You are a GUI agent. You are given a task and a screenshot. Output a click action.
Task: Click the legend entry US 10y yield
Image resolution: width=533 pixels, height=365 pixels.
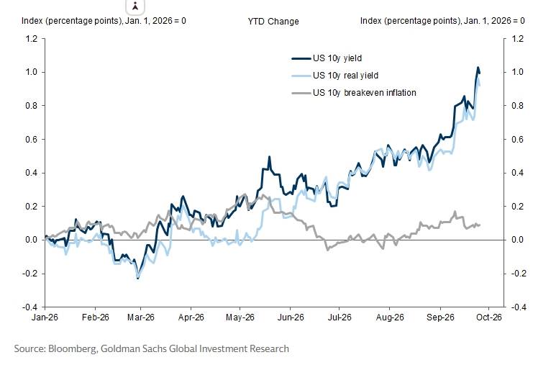pos(337,58)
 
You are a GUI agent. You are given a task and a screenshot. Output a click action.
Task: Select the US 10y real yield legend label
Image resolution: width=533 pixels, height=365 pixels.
pos(345,75)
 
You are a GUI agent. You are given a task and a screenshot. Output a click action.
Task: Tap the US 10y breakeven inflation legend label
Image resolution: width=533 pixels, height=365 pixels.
pos(365,93)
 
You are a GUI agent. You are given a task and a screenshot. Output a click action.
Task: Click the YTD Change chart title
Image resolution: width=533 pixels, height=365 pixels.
pos(273,22)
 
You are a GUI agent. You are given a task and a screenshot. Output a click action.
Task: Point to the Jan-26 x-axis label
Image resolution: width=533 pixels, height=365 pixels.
pos(45,317)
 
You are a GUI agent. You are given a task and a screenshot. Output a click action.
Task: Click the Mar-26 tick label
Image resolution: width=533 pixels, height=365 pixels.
pos(141,317)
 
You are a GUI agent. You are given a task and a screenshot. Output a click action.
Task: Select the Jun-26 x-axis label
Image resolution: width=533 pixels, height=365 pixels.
pos(291,317)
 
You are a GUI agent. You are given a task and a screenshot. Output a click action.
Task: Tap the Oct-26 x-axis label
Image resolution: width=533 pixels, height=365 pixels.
pos(489,317)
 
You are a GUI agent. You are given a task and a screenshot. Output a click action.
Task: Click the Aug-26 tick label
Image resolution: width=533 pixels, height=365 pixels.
pos(390,317)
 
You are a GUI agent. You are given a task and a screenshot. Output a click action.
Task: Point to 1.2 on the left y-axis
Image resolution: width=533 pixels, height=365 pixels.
pos(31,38)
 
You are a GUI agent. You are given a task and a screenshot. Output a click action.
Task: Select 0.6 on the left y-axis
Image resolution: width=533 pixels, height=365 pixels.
pos(31,140)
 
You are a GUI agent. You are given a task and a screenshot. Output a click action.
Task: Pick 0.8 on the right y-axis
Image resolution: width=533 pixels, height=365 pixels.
pos(518,106)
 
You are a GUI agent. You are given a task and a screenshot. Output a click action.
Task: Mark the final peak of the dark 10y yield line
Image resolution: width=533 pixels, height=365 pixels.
pos(478,68)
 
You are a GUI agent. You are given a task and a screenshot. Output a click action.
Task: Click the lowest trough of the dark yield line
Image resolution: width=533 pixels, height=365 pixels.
pos(137,279)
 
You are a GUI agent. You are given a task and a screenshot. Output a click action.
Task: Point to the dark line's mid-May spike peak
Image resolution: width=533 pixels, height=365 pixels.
pos(269,157)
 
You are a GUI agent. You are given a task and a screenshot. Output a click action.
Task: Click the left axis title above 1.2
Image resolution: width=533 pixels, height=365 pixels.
pos(104,21)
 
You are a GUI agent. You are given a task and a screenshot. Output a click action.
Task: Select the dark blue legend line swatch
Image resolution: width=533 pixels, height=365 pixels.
pos(301,58)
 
